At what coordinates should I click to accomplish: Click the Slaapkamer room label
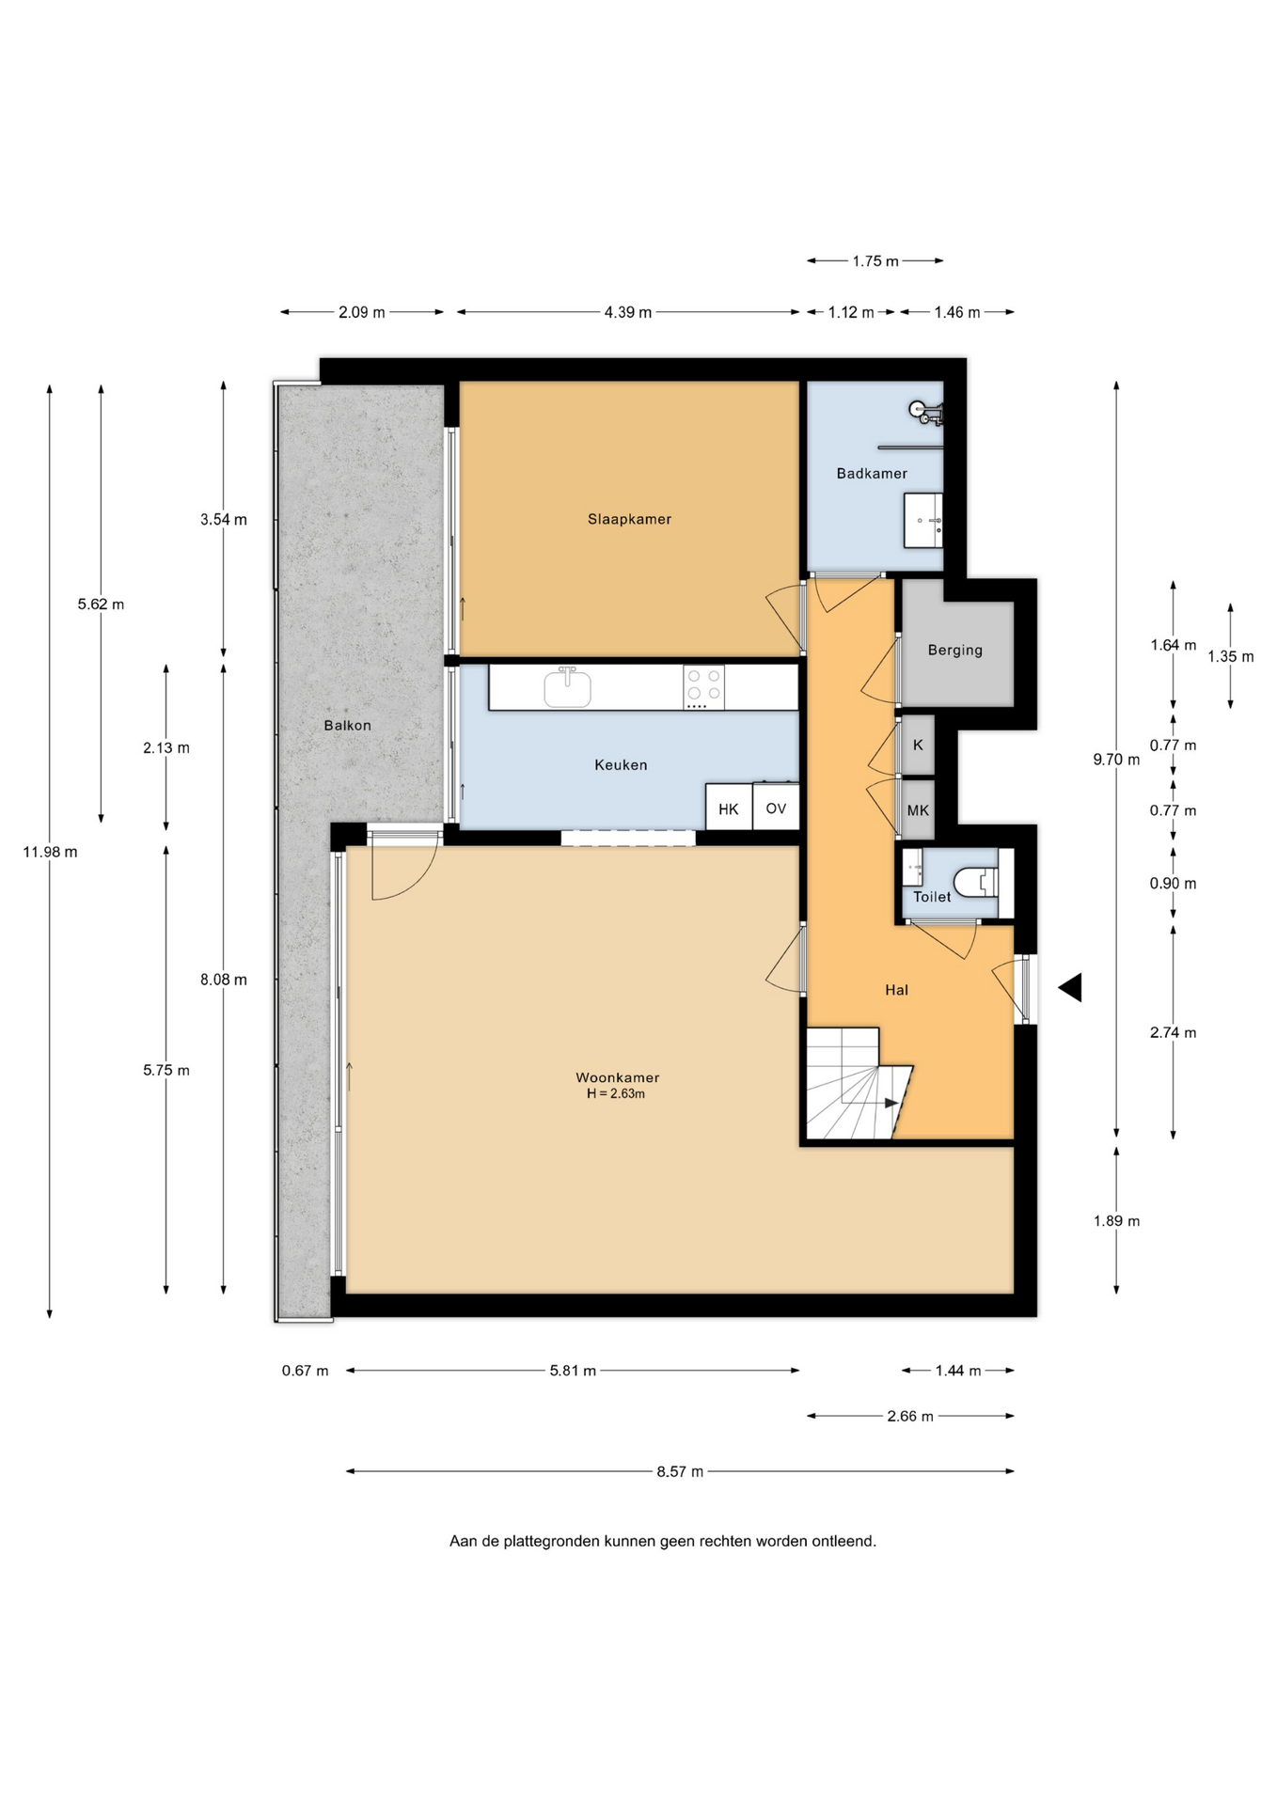pyautogui.click(x=629, y=519)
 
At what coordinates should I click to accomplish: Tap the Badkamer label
pyautogui.click(x=872, y=474)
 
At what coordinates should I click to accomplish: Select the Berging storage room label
pyautogui.click(x=954, y=651)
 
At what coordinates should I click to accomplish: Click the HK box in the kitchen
pyautogui.click(x=729, y=808)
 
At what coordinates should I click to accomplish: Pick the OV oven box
pyautogui.click(x=776, y=808)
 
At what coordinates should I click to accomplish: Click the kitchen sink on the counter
pyautogui.click(x=568, y=686)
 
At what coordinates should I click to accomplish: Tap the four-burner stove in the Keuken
pyautogui.click(x=704, y=687)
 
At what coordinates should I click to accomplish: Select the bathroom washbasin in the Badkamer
pyautogui.click(x=922, y=520)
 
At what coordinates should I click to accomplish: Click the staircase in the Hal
pyautogui.click(x=858, y=1083)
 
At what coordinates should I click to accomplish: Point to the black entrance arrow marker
pyautogui.click(x=1070, y=987)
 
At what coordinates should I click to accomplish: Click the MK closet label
pyautogui.click(x=918, y=810)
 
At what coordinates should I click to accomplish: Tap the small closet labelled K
pyautogui.click(x=918, y=745)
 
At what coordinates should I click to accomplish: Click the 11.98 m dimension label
pyautogui.click(x=50, y=853)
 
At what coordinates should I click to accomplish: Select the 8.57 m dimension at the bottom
pyautogui.click(x=680, y=1471)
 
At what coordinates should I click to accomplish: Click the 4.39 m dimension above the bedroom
pyautogui.click(x=628, y=312)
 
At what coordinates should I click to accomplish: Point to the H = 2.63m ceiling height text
pyautogui.click(x=616, y=1094)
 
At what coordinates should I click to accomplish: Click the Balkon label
pyautogui.click(x=347, y=726)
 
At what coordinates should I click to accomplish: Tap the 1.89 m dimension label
pyautogui.click(x=1116, y=1221)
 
